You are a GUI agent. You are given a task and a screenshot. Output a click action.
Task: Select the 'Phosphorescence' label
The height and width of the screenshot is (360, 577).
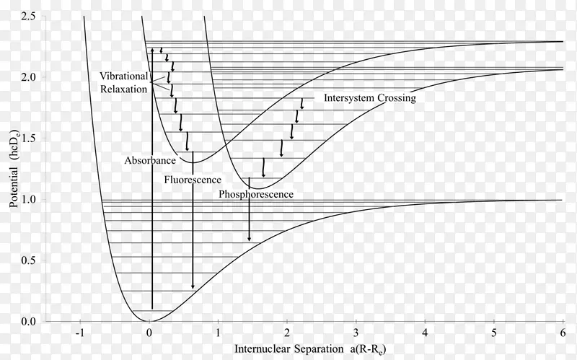[255, 194]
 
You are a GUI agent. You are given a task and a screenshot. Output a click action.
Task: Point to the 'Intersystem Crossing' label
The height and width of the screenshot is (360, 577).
[369, 98]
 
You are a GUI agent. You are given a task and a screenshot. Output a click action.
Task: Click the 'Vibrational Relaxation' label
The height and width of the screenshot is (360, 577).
[123, 82]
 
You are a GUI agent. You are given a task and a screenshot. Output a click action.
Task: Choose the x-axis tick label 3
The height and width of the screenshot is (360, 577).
[356, 333]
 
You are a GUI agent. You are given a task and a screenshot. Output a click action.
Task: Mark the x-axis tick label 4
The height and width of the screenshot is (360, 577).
[425, 333]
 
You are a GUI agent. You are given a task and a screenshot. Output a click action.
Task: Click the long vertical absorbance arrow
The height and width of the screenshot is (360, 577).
[151, 216]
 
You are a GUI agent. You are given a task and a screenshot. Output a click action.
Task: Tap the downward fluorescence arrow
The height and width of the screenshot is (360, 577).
[193, 238]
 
